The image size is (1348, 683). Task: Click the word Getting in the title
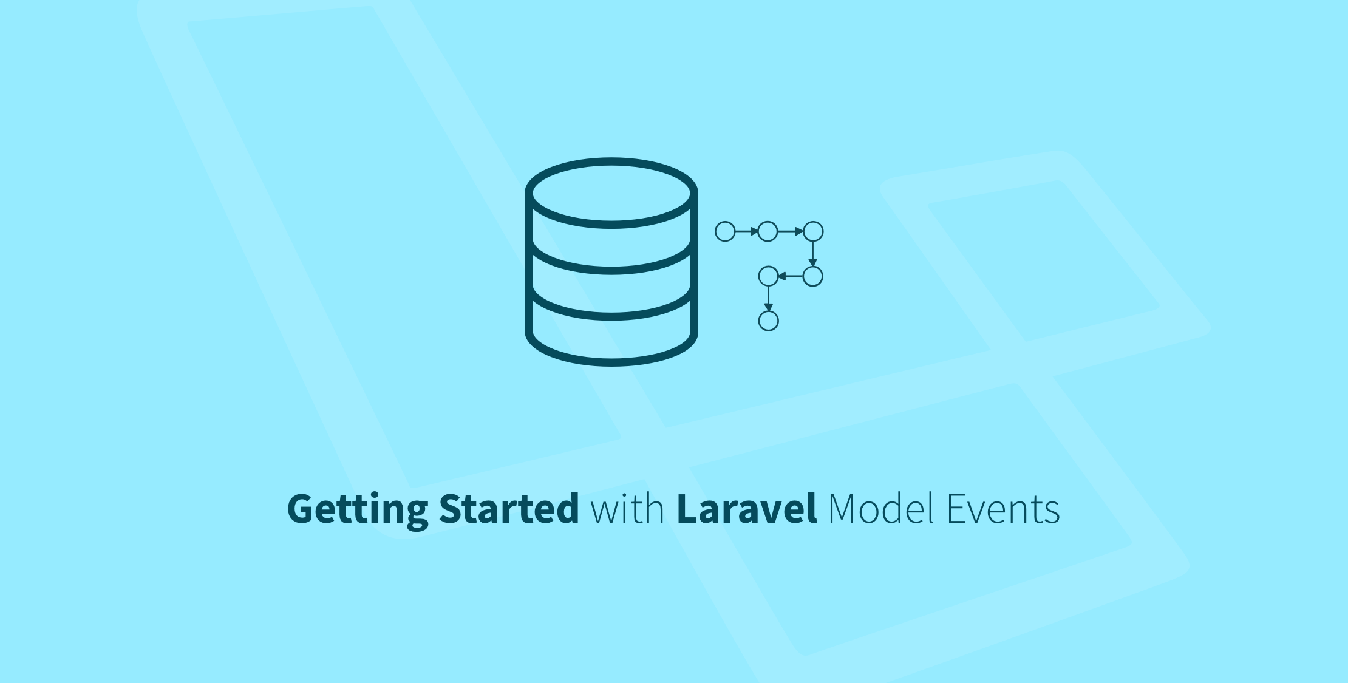coord(357,509)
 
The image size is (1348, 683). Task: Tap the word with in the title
coord(627,509)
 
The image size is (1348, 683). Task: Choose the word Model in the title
coord(880,509)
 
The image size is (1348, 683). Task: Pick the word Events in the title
coord(1003,509)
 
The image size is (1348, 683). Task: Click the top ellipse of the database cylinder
coord(611,193)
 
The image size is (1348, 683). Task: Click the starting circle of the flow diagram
coord(725,231)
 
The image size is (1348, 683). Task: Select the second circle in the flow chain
coord(768,231)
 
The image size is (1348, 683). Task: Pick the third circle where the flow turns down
coord(813,231)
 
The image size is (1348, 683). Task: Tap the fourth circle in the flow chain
coord(813,276)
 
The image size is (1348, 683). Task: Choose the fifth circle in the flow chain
coord(769,276)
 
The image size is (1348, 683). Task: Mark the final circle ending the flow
coord(769,321)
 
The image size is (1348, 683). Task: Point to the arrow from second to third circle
coord(791,231)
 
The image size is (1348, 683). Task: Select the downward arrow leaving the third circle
coord(813,254)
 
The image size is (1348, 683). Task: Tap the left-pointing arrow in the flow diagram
coord(791,276)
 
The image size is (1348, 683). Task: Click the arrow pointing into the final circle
coord(769,299)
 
